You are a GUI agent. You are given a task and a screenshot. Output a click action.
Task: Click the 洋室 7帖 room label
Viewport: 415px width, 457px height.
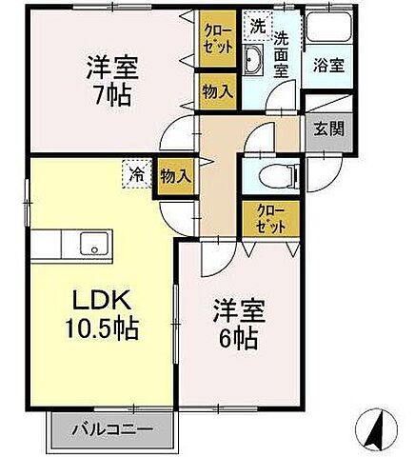pyautogui.click(x=113, y=80)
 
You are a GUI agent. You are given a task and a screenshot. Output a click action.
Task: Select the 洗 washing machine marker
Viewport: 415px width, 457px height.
pyautogui.click(x=258, y=26)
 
